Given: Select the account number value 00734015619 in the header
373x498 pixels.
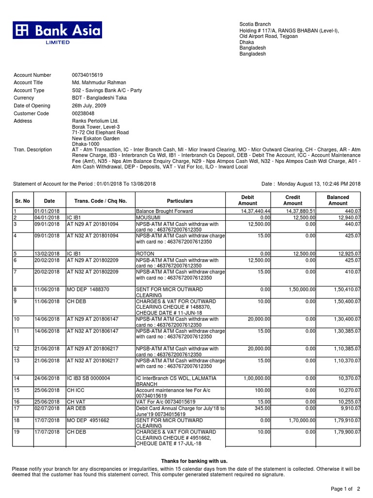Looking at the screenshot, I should [87, 75].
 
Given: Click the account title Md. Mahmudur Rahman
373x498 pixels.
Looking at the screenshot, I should [99, 83].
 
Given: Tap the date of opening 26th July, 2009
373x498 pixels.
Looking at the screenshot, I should [93, 106].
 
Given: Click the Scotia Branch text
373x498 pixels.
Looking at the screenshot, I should [255, 24].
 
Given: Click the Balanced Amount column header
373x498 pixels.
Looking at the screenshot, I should [338, 200].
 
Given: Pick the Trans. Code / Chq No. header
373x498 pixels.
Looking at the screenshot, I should [100, 201].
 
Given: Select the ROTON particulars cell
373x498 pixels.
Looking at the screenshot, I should [144, 254].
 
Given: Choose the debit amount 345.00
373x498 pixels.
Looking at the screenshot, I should [262, 408].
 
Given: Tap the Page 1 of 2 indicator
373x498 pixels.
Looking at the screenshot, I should [345, 488].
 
